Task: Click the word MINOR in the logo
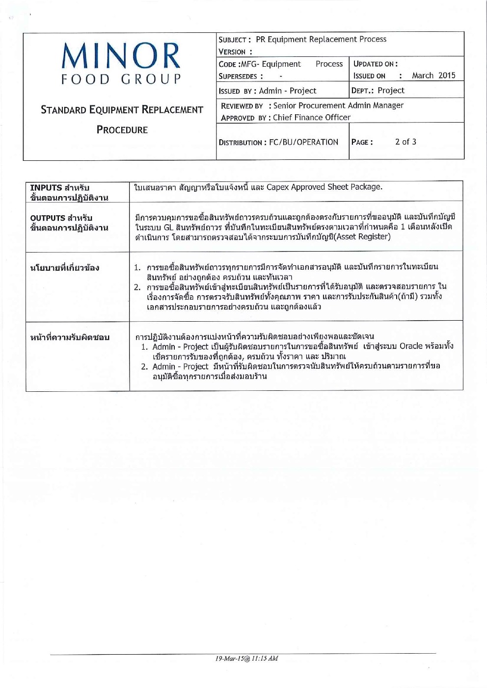(121, 55)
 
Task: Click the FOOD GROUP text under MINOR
(121, 79)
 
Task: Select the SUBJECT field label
(235, 40)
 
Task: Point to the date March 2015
(433, 76)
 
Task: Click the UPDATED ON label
(375, 64)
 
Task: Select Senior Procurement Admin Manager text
(338, 105)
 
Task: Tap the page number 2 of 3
(406, 142)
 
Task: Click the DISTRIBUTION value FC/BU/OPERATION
(303, 142)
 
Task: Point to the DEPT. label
(363, 91)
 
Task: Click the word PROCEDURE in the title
(122, 130)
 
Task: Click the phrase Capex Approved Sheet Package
(324, 187)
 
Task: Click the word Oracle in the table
(411, 346)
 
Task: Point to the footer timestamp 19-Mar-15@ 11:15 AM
(246, 659)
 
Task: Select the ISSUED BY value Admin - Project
(288, 91)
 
